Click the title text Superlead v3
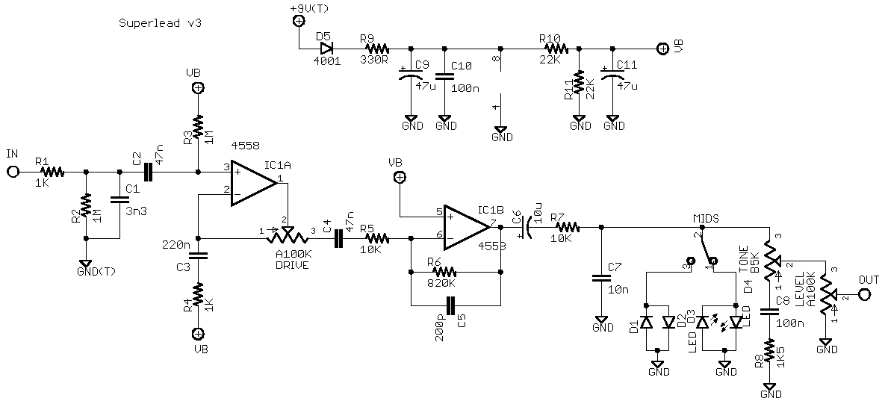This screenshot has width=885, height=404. point(160,23)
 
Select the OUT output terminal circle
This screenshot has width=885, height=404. point(865,294)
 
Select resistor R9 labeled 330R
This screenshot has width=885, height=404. point(373,49)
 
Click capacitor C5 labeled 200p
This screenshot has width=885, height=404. point(450,305)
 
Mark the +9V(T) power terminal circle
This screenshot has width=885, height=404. point(298,22)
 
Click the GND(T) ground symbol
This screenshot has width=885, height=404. point(86,263)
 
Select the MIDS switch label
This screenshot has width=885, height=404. point(706,217)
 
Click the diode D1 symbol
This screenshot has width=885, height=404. point(646,322)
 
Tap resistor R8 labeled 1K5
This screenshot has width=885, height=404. point(769,351)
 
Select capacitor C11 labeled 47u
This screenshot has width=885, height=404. point(612,77)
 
